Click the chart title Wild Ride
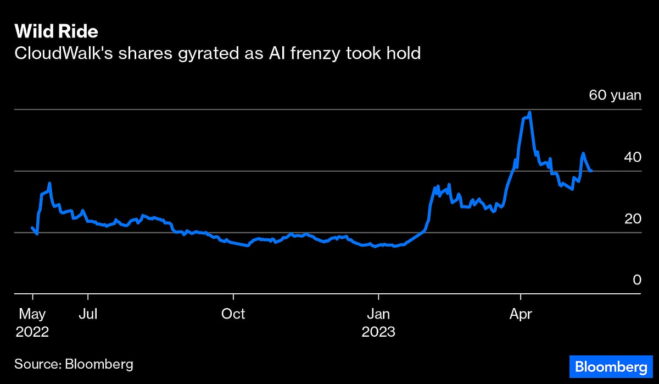56,31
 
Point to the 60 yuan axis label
615,95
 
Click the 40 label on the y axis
633,157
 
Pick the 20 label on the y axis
633,218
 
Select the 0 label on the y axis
637,280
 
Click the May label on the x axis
32,314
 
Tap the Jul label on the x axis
88,314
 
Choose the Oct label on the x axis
233,314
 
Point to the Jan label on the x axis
378,314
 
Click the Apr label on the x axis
520,314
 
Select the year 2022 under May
32,332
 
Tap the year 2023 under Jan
378,332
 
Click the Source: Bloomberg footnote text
74,364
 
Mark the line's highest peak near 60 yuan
529,113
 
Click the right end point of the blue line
591,171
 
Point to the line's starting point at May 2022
32,227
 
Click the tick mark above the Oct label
233,298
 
